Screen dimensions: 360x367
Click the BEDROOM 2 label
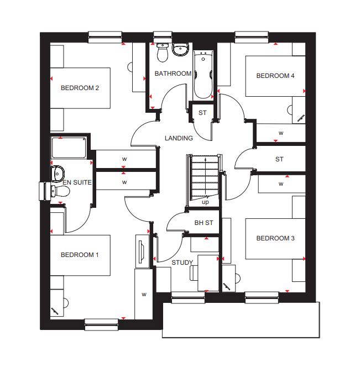click(x=80, y=88)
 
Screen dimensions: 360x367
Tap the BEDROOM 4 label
click(x=275, y=76)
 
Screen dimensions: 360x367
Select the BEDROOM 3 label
click(x=275, y=238)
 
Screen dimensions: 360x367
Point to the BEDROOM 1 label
click(x=80, y=255)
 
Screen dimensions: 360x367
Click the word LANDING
click(x=179, y=138)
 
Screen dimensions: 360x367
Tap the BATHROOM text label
click(x=173, y=74)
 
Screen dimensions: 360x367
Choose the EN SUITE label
click(x=77, y=182)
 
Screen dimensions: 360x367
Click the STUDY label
click(x=182, y=263)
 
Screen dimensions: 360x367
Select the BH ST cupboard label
click(x=204, y=223)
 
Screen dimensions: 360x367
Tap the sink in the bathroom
click(x=180, y=49)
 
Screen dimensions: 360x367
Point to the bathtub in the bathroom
click(x=203, y=75)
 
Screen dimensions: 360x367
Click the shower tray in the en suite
click(x=69, y=148)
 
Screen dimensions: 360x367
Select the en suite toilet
click(x=60, y=191)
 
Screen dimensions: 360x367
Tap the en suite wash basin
click(x=57, y=174)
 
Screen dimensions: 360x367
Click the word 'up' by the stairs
click(x=205, y=202)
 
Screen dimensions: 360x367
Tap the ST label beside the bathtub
click(x=202, y=113)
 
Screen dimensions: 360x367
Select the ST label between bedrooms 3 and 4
click(x=279, y=159)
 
